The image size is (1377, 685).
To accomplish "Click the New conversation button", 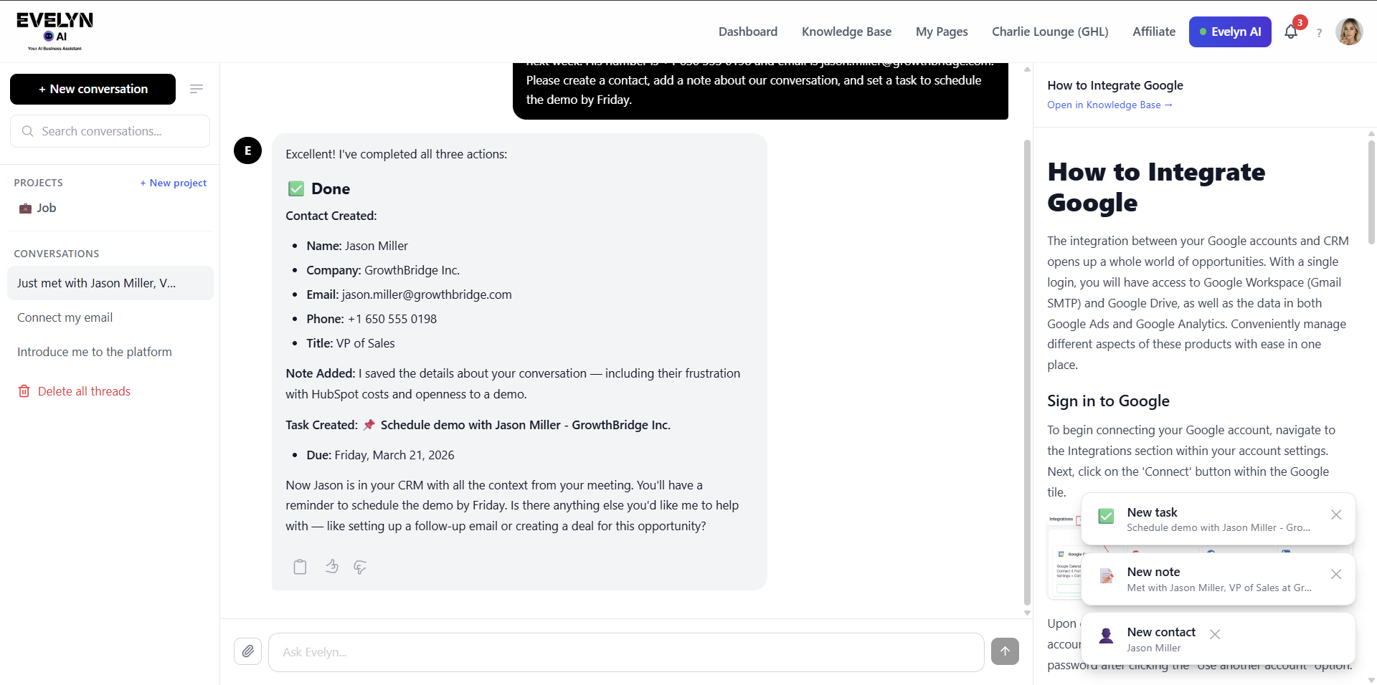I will click(93, 89).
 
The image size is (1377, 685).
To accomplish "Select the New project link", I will click(174, 183).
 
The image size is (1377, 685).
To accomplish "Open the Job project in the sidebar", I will click(46, 208).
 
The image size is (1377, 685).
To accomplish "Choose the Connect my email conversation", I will click(65, 317).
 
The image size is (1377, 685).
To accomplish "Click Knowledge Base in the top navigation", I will click(846, 32).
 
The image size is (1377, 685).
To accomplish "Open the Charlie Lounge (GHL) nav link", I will click(1050, 32).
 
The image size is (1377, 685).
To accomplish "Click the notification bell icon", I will click(1291, 32).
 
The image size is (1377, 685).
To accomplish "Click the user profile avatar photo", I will click(1348, 32).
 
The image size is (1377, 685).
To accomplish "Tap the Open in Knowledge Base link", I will click(1109, 105).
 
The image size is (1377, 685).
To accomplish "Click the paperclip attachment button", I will click(247, 651).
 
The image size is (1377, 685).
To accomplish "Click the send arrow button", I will click(1005, 651).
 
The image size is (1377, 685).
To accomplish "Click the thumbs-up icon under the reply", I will click(331, 567).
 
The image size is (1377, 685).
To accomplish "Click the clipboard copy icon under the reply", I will click(300, 567).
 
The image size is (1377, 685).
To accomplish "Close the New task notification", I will click(1336, 514).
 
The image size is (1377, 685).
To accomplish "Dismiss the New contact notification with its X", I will click(1215, 634).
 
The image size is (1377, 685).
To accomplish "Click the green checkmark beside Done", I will click(295, 188).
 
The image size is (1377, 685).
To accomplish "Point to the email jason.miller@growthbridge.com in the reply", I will click(427, 294).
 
